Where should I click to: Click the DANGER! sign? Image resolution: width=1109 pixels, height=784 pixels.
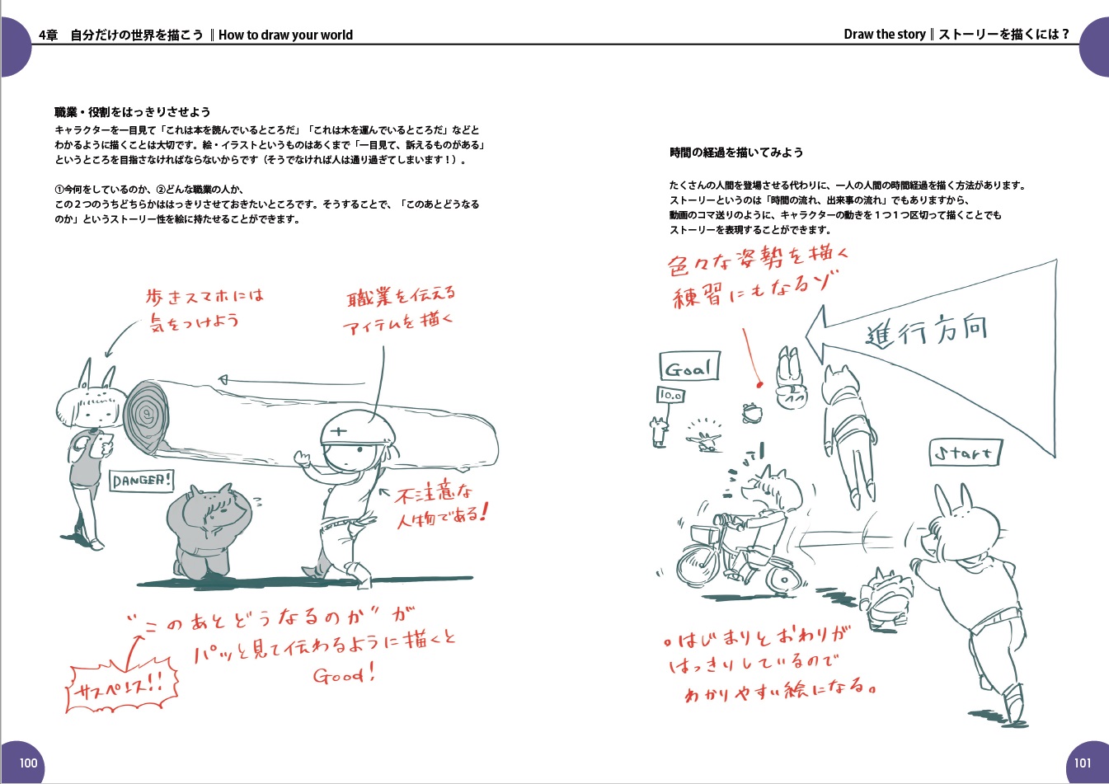142,481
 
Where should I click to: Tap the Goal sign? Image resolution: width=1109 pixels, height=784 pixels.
689,366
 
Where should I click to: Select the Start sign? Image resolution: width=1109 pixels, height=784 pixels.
966,453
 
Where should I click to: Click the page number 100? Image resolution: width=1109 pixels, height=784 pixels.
28,763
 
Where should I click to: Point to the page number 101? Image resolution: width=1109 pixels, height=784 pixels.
1083,763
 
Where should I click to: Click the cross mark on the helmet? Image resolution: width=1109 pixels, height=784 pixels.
339,431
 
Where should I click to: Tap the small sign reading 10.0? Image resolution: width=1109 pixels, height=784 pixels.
671,395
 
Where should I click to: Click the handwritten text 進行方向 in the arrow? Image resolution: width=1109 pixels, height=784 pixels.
927,331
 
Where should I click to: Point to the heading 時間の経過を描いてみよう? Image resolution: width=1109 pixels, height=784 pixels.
736,153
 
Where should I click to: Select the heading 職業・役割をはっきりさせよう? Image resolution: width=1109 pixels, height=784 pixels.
133,112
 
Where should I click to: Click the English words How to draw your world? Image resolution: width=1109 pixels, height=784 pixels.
285,35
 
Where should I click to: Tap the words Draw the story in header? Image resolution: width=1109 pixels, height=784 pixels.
885,34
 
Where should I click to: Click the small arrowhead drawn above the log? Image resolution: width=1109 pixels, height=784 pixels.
223,380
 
